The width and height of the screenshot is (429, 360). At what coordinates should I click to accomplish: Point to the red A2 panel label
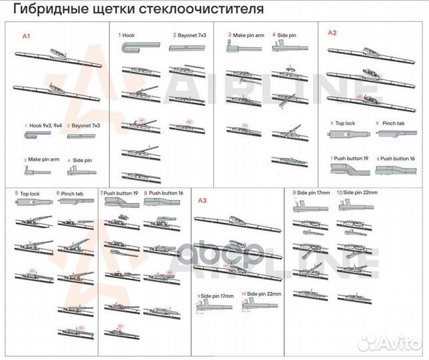pos(332,33)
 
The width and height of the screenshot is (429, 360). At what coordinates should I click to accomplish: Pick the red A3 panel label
pos(204,201)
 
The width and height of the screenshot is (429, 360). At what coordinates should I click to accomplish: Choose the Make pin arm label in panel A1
pos(43,160)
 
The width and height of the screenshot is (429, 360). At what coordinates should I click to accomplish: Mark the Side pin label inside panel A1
pos(82,160)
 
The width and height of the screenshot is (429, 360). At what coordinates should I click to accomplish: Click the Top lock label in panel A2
pos(345,124)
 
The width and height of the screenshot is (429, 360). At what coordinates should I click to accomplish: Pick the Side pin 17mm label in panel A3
pos(217,294)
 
